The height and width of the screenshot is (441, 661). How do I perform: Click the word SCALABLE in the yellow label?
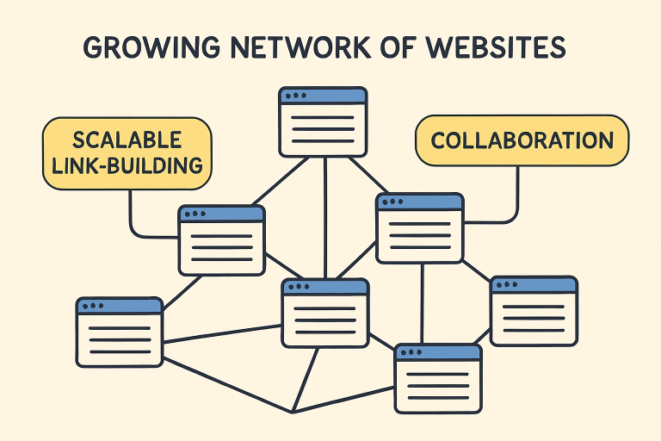127,139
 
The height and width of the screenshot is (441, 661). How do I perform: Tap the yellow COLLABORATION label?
522,140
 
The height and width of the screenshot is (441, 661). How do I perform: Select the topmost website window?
323,121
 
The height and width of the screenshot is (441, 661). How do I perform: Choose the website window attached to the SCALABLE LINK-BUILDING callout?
222,240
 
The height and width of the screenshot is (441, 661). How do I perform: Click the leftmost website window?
120,332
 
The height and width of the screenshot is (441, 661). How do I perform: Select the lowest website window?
438,378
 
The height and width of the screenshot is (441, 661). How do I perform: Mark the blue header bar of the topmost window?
323,96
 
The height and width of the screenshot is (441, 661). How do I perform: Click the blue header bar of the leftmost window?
120,306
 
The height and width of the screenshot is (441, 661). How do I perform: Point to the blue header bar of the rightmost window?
534,285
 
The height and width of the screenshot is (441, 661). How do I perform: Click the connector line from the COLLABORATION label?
517,194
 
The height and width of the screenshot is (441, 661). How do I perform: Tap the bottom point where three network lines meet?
293,411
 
